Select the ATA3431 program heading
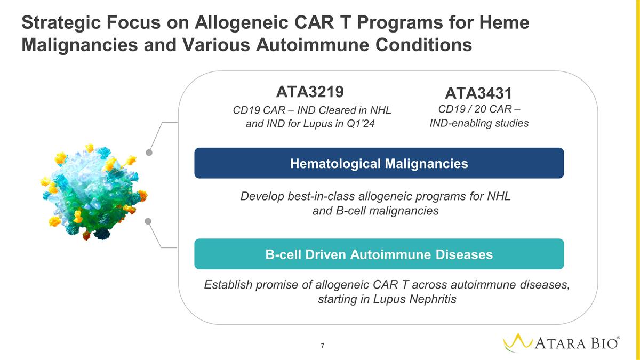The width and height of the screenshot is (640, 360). [x=478, y=93]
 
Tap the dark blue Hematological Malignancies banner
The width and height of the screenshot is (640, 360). [x=379, y=163]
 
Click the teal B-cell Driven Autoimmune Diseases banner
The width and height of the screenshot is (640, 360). [x=379, y=254]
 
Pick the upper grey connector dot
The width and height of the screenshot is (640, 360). [x=150, y=153]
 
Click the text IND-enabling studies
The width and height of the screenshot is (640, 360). [x=478, y=123]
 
